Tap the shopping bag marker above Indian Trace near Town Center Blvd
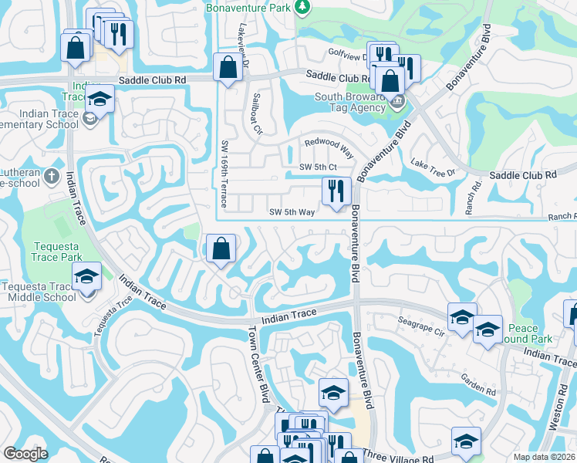pos(221,248)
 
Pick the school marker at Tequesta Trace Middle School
pos(87,276)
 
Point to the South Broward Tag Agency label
pos(349,102)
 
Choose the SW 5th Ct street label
pos(319,167)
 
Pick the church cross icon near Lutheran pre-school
pos(51,176)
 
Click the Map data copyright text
pos(544,457)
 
